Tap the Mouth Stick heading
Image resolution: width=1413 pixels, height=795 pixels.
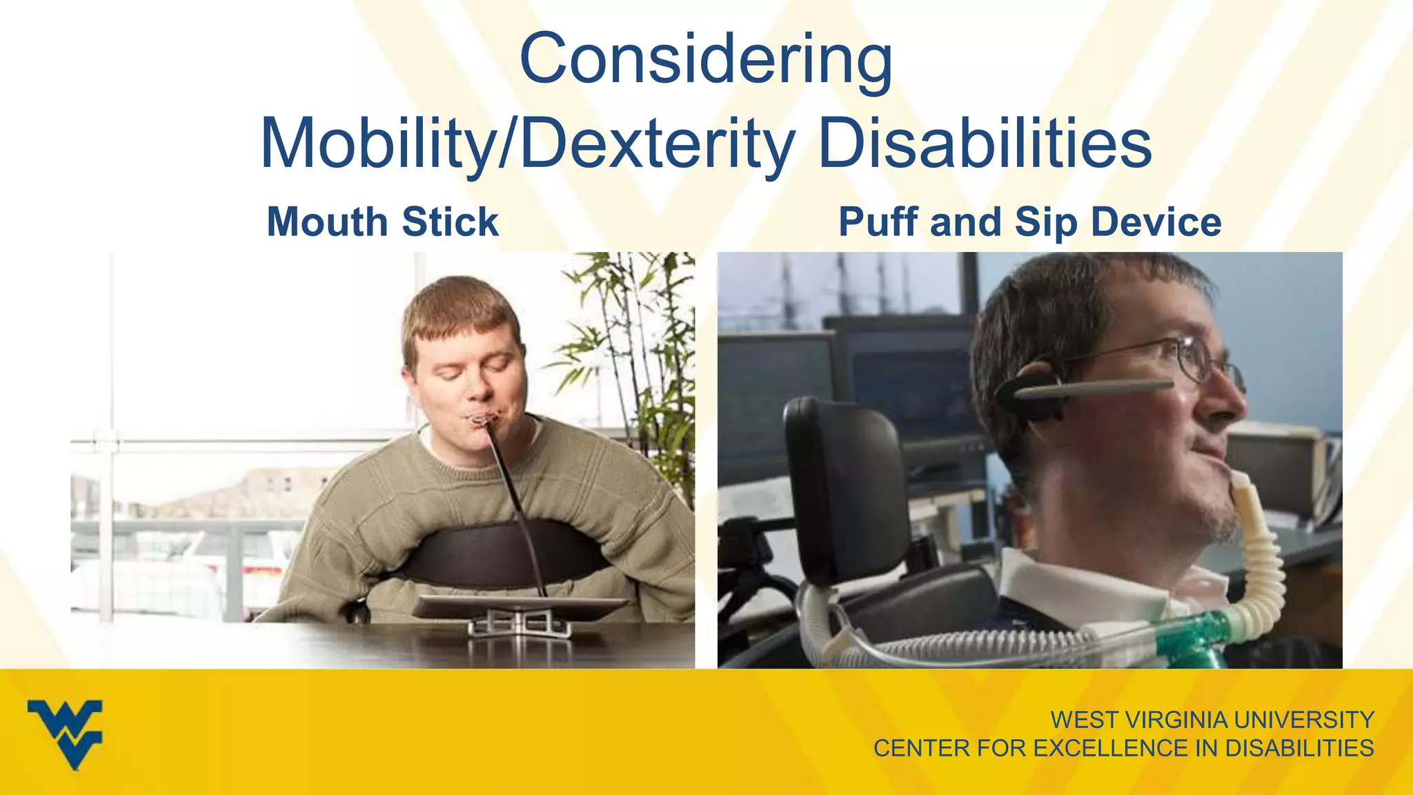(x=382, y=222)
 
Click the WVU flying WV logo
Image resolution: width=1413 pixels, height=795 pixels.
(x=65, y=733)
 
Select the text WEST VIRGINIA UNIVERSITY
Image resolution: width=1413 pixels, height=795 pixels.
(x=1212, y=720)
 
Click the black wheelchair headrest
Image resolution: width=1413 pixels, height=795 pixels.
(x=843, y=483)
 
